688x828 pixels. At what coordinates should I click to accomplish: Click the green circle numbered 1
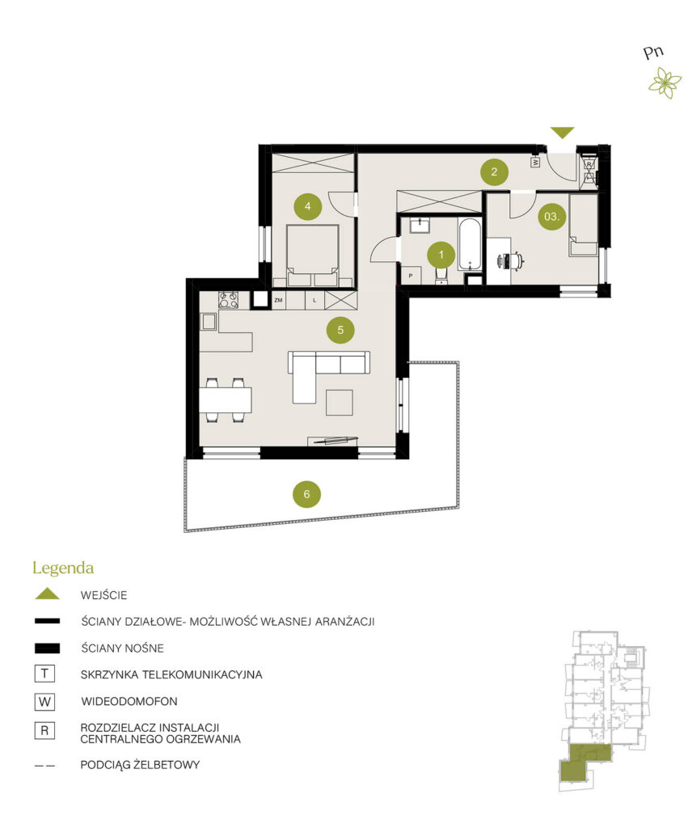[x=441, y=256]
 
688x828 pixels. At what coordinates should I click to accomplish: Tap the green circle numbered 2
[x=494, y=171]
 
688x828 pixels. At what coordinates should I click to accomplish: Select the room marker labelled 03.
[x=551, y=217]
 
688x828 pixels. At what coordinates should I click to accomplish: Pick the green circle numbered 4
[x=308, y=206]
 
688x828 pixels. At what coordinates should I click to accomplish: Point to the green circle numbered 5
[x=340, y=330]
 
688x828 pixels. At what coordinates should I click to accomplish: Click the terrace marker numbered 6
[x=306, y=494]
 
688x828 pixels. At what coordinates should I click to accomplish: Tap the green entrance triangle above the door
[x=563, y=133]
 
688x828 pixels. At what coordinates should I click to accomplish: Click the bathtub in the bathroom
[x=470, y=244]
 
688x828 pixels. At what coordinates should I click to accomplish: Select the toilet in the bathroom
[x=441, y=275]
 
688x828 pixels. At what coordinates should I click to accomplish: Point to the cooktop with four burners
[x=229, y=301]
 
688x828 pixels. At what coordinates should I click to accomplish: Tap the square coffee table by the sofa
[x=339, y=403]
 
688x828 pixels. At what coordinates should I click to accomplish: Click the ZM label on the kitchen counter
[x=278, y=300]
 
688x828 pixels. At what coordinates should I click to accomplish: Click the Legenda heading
[x=63, y=568]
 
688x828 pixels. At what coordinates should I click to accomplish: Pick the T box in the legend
[x=45, y=674]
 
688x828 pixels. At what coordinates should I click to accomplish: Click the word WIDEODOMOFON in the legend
[x=129, y=701]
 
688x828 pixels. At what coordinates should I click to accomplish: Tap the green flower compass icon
[x=665, y=83]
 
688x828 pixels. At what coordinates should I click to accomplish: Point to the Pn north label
[x=653, y=53]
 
